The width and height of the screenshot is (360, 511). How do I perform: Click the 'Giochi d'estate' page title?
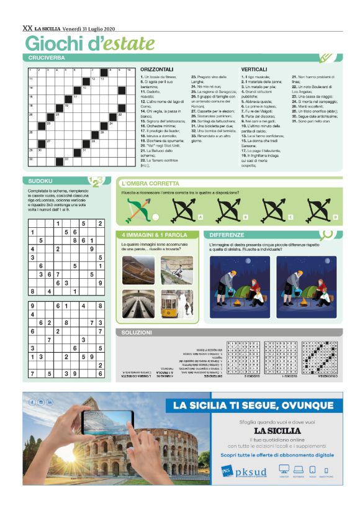click(x=89, y=43)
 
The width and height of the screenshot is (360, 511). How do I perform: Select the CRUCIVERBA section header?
click(x=47, y=57)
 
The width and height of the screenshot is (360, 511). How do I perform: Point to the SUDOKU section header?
click(x=40, y=181)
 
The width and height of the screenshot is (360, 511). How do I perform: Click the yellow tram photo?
click(x=176, y=303)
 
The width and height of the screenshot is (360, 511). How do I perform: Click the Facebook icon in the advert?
click(x=32, y=402)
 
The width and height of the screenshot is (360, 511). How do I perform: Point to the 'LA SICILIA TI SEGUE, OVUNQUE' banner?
click(x=253, y=405)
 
